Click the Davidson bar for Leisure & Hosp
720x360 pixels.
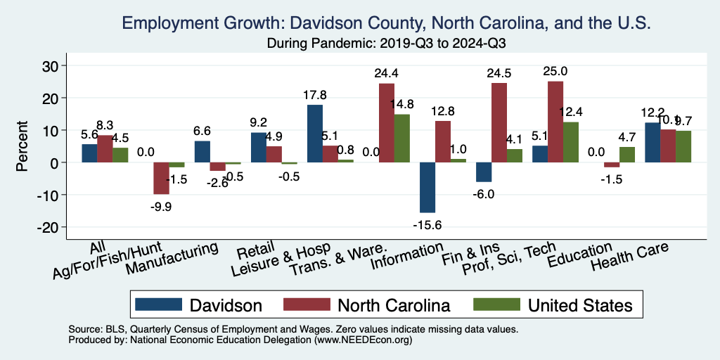315,134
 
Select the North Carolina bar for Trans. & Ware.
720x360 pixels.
387,123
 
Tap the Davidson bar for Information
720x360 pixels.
427,187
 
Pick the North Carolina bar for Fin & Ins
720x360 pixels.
499,123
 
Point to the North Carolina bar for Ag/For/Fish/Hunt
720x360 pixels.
161,178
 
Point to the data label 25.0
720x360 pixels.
555,71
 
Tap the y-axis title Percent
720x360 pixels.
22,146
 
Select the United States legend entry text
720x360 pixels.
580,304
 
